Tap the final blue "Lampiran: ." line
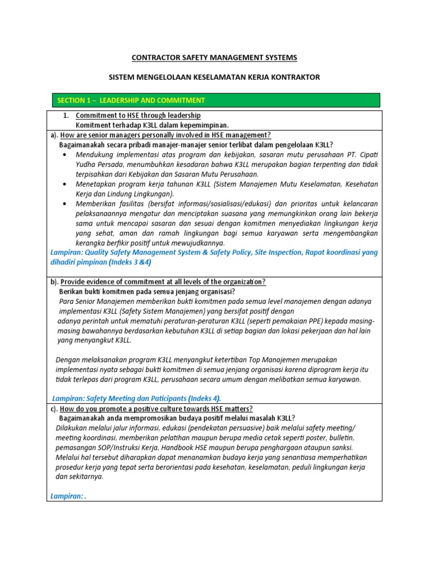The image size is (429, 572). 69,495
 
